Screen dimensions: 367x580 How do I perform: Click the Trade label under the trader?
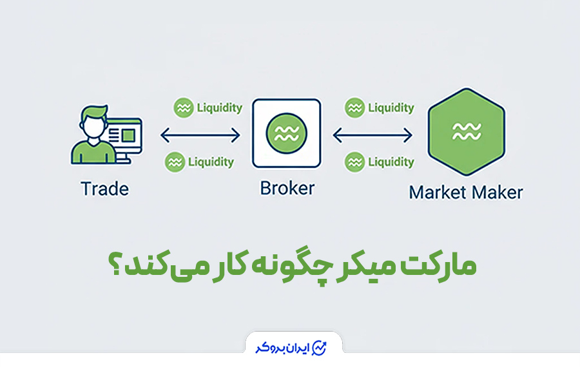[104, 189]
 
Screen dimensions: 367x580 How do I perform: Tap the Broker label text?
[287, 188]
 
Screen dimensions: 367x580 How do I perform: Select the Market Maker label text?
[466, 192]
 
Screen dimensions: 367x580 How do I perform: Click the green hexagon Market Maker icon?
[466, 133]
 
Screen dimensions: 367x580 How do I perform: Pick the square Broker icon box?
[286, 133]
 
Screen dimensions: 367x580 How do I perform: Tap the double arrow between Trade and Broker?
[200, 135]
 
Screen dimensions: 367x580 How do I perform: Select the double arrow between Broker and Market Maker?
[372, 135]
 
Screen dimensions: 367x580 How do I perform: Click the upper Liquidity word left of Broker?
[215, 108]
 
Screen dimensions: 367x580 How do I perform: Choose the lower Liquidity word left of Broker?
[211, 162]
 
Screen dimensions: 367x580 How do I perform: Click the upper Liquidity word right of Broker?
[391, 108]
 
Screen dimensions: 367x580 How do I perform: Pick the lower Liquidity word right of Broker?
[391, 162]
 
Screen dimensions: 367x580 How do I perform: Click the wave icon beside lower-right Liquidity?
[355, 162]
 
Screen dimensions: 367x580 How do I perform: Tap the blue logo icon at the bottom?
[319, 348]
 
